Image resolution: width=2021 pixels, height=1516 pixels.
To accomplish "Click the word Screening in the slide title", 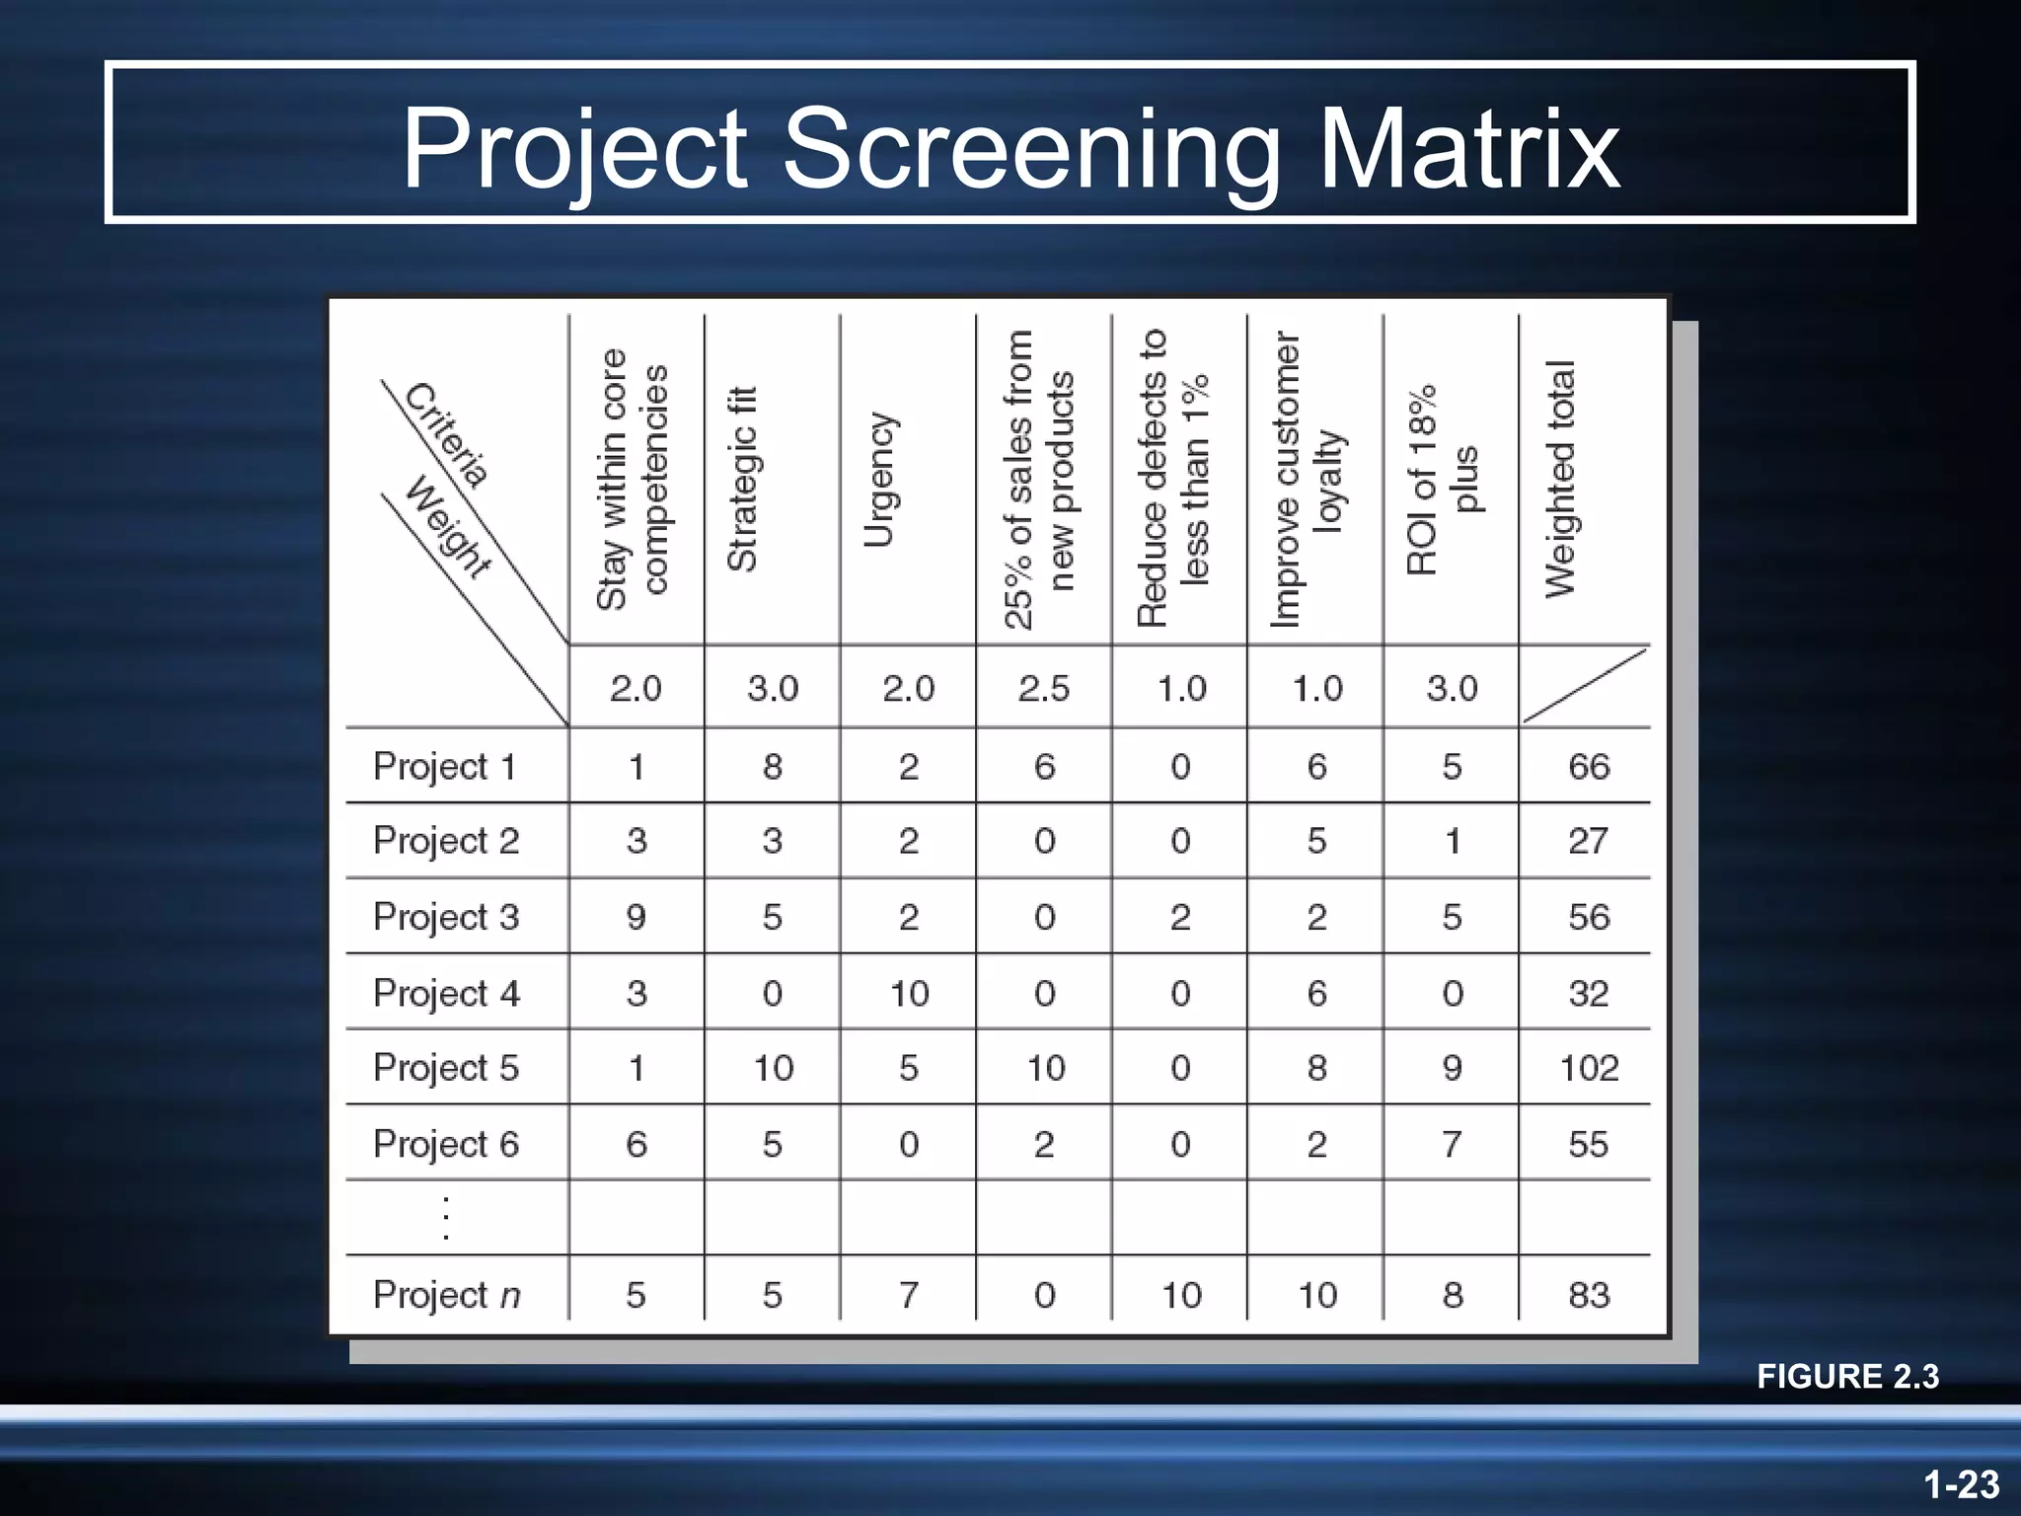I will click(x=1031, y=149).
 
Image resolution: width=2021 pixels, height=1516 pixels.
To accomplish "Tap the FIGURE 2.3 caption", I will click(x=1847, y=1376).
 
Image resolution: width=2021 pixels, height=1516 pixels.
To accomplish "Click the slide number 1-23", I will click(x=1961, y=1484).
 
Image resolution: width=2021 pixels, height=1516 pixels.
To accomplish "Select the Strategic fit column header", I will click(x=742, y=479).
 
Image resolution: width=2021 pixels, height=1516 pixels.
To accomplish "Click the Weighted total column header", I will click(x=1561, y=479).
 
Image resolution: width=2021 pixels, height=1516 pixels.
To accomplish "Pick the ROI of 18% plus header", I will click(x=1443, y=479).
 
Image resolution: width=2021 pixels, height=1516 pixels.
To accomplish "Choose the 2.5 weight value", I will click(x=1044, y=688).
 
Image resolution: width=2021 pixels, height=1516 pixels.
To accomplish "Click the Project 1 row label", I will click(x=445, y=766).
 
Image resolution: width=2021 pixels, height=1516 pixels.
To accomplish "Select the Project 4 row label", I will click(x=446, y=992).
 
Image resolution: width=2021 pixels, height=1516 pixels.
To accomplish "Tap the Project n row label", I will click(x=446, y=1294).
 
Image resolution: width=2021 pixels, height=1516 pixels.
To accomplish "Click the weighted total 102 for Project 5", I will click(x=1589, y=1068).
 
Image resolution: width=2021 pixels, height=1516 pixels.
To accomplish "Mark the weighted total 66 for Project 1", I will click(x=1589, y=766).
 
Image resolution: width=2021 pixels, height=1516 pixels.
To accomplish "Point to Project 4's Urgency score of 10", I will click(x=909, y=993).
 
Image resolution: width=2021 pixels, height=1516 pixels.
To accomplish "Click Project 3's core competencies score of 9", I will click(x=636, y=917).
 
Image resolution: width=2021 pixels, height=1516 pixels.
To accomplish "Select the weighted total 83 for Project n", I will click(x=1589, y=1294).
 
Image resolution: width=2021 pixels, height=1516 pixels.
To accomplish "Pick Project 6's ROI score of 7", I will click(x=1452, y=1144).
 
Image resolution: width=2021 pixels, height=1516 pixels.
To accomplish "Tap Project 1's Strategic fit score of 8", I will click(x=773, y=766).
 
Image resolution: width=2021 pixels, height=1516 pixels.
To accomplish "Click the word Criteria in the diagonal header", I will click(x=447, y=434).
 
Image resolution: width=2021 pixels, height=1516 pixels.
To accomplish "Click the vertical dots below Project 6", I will click(x=446, y=1217).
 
